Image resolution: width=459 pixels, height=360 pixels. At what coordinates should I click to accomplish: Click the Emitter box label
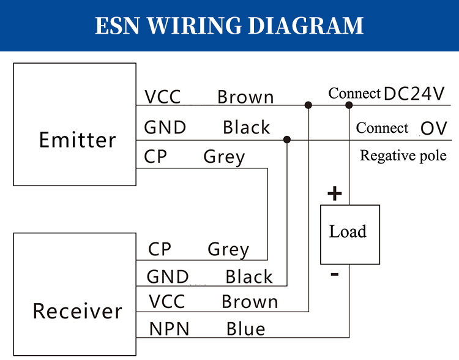click(x=77, y=140)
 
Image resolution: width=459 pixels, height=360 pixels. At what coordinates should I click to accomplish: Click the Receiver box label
click(x=77, y=311)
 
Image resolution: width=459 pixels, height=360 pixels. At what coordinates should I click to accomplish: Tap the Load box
click(x=348, y=233)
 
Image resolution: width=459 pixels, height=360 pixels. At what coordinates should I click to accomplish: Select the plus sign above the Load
click(x=334, y=195)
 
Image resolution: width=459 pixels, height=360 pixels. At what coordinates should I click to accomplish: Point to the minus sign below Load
click(x=334, y=275)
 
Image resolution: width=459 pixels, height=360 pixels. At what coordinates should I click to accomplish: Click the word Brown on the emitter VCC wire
click(x=245, y=97)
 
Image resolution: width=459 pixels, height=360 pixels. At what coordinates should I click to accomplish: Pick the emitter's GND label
click(x=165, y=127)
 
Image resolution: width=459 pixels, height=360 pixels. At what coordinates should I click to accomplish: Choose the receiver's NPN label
click(x=170, y=329)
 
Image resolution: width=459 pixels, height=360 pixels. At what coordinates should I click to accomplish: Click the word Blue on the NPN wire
click(x=245, y=329)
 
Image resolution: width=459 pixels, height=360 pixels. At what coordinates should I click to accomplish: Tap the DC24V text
click(x=414, y=93)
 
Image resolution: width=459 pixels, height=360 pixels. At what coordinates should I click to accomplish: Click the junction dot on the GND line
click(x=287, y=140)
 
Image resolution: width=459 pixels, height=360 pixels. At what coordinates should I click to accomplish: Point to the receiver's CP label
click(x=160, y=250)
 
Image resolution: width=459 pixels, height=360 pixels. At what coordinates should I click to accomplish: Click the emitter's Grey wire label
click(x=224, y=157)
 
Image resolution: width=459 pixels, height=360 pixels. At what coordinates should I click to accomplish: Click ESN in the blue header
click(x=118, y=26)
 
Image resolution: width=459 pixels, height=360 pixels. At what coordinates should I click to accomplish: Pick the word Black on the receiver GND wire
click(x=248, y=277)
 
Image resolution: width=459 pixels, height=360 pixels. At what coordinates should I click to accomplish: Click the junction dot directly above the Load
click(x=349, y=105)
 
